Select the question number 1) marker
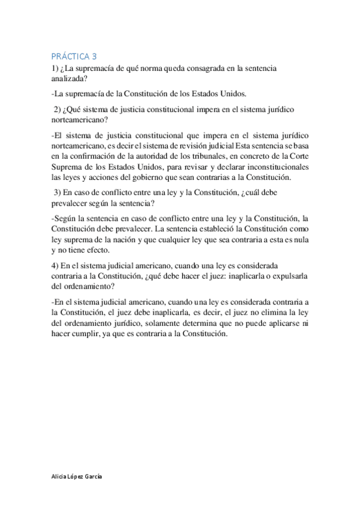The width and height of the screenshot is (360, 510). tap(55, 69)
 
